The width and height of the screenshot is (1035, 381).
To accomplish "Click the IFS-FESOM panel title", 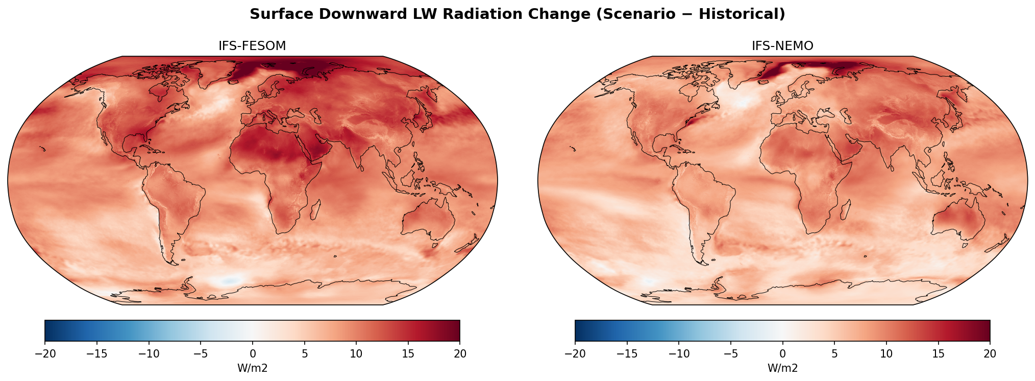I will coord(252,46).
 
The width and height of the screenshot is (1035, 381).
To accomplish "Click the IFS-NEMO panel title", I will coord(782,46).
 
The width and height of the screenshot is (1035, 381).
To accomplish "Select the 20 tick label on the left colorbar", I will coord(459,354).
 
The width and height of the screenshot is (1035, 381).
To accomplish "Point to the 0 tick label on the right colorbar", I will coord(782,354).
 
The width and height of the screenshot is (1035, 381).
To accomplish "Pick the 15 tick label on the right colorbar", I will coord(938,354).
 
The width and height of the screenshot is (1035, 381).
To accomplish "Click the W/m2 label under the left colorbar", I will coord(252,368).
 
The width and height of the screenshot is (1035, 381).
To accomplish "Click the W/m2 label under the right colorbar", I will coord(782,368).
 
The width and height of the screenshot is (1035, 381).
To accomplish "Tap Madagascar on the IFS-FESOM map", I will coord(315,209).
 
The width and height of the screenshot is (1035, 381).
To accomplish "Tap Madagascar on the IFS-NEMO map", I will coord(846,209).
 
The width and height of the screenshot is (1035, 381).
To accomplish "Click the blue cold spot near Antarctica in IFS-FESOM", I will coord(230,280).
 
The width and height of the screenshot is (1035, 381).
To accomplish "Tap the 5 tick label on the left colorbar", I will coord(304,354).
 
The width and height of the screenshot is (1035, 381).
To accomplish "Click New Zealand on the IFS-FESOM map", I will coord(467,246).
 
